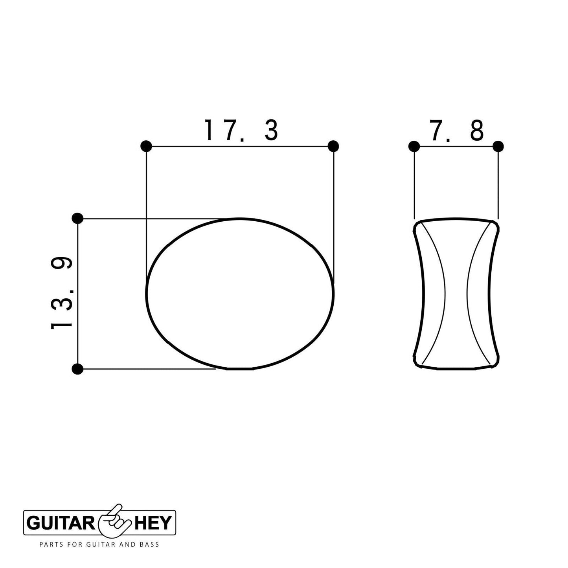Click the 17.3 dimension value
tap(241, 130)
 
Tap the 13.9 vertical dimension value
tap(62, 293)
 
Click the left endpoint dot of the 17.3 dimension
tap(146, 146)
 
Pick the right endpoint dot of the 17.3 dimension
tap(333, 146)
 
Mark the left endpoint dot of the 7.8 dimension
tap(414, 146)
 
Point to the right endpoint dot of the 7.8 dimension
tap(498, 146)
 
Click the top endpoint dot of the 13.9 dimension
tap(77, 219)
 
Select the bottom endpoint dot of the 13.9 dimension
tap(77, 369)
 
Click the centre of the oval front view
tap(240, 294)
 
